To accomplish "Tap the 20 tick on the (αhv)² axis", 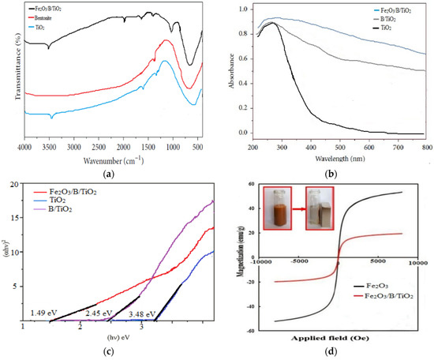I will coord(13,185).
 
